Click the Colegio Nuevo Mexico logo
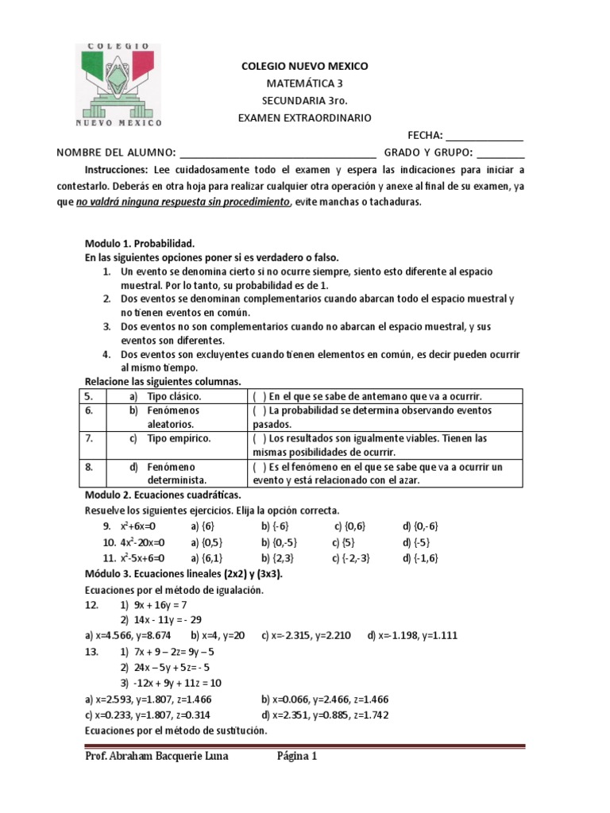(x=118, y=85)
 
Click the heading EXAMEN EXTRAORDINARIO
(x=304, y=118)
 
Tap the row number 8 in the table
(x=91, y=467)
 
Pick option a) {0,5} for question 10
(x=208, y=541)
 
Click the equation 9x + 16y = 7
(x=158, y=605)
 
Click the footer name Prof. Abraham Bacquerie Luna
(x=156, y=756)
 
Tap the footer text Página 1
(x=297, y=756)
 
